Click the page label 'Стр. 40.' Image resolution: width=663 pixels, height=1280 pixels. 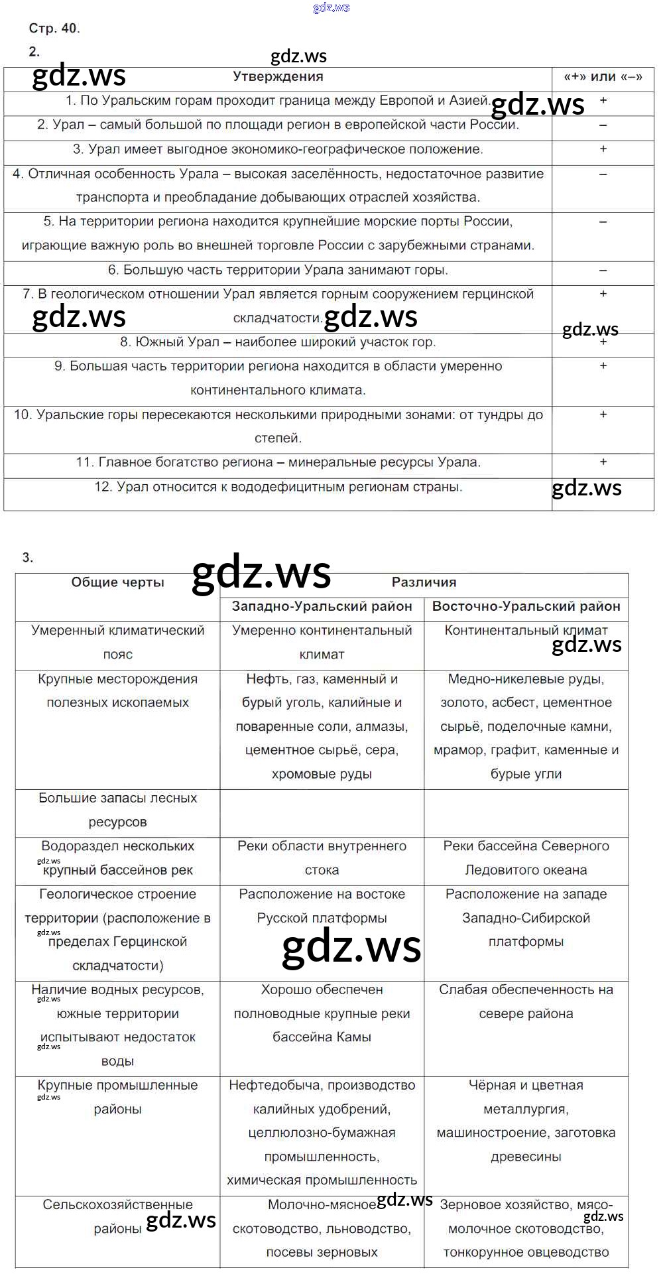point(54,28)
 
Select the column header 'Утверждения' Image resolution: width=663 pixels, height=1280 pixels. point(278,76)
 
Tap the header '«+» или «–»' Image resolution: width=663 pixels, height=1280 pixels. point(603,76)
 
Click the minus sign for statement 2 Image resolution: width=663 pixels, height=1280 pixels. point(603,125)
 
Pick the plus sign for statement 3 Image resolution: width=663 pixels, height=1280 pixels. point(603,149)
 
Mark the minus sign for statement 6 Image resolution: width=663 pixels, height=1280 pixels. point(603,271)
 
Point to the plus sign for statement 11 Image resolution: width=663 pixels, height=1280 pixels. point(603,462)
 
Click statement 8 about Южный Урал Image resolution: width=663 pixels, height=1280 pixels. point(278,342)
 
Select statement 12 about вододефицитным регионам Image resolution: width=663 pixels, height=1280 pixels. point(278,487)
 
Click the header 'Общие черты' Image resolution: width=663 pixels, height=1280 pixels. point(117,582)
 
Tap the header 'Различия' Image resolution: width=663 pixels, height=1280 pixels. point(424,582)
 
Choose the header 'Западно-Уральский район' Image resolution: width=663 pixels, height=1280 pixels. point(322,606)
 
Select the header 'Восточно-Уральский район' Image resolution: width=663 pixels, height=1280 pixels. point(526,606)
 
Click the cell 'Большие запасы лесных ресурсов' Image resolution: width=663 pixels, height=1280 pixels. point(117,810)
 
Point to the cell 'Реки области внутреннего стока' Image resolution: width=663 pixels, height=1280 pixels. point(322,858)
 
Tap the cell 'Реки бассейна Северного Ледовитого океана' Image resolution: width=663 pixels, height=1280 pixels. point(526,858)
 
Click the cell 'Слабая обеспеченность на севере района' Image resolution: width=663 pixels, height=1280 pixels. point(526,1001)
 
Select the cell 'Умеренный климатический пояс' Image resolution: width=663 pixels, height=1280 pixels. point(117,642)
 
